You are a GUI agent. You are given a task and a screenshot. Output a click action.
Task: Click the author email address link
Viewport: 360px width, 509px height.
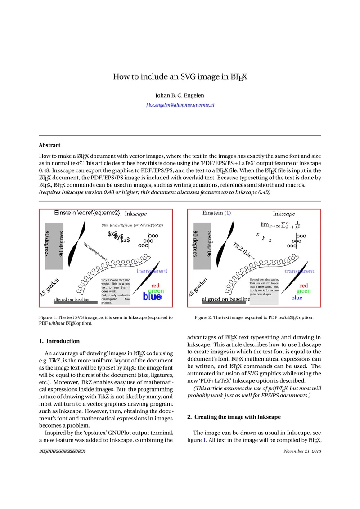180,105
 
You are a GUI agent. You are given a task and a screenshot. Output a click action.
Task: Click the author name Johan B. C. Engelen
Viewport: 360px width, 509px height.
180,95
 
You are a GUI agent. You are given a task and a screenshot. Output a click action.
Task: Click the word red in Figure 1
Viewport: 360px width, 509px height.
156,286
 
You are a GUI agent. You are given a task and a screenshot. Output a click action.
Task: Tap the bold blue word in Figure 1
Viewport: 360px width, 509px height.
152,297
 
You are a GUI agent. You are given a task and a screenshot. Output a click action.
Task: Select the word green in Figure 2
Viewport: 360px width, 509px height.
303,291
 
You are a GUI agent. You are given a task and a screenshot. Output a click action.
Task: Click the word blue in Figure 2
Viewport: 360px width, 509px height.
297,298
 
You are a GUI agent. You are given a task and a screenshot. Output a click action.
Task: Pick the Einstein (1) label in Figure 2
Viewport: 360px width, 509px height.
216,213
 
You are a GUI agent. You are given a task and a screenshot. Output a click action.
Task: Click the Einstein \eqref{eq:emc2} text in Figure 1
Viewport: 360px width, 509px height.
87,213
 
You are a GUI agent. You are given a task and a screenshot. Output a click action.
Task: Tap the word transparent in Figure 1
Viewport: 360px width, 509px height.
152,271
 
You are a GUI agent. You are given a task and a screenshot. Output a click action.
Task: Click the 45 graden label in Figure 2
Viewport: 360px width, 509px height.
198,287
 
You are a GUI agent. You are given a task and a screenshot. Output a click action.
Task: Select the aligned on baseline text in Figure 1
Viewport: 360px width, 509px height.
72,299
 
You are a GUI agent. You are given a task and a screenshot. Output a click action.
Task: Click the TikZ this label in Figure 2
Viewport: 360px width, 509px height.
243,250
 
